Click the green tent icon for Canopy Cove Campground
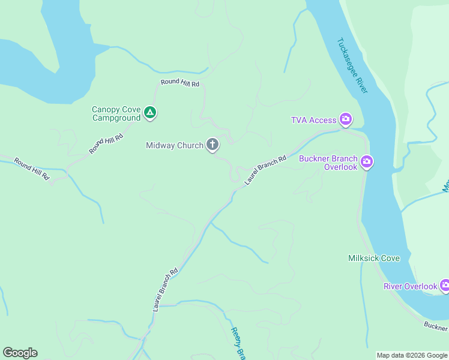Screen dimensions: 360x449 (x=150, y=112)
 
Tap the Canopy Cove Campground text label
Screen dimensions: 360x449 (x=116, y=113)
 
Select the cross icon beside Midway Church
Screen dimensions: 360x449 (x=212, y=145)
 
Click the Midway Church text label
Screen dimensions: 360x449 (x=175, y=145)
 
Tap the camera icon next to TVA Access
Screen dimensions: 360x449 (x=345, y=119)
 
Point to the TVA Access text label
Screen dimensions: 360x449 (x=314, y=120)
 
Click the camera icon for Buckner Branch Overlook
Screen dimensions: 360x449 (x=367, y=161)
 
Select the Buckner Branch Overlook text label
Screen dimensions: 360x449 (x=328, y=163)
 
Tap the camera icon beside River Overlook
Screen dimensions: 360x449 (x=445, y=286)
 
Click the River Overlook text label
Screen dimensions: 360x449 (x=411, y=286)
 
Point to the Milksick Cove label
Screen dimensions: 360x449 (x=374, y=259)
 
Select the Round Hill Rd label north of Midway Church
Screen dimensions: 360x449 (x=179, y=83)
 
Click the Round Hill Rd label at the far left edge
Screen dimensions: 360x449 (x=32, y=168)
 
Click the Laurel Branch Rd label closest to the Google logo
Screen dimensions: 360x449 (x=166, y=289)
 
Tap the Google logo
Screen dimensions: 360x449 (x=20, y=353)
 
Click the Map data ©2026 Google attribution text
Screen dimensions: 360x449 (x=411, y=355)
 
